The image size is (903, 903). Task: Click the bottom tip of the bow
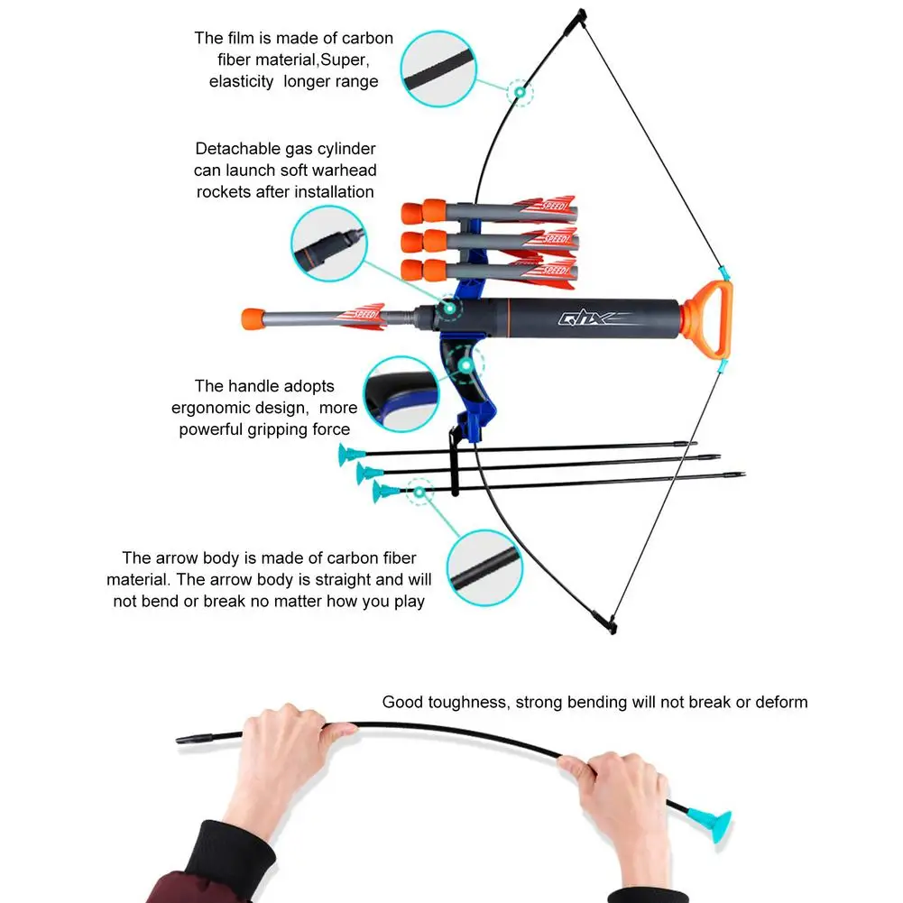pyautogui.click(x=609, y=622)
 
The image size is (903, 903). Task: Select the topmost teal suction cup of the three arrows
pyautogui.click(x=346, y=455)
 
